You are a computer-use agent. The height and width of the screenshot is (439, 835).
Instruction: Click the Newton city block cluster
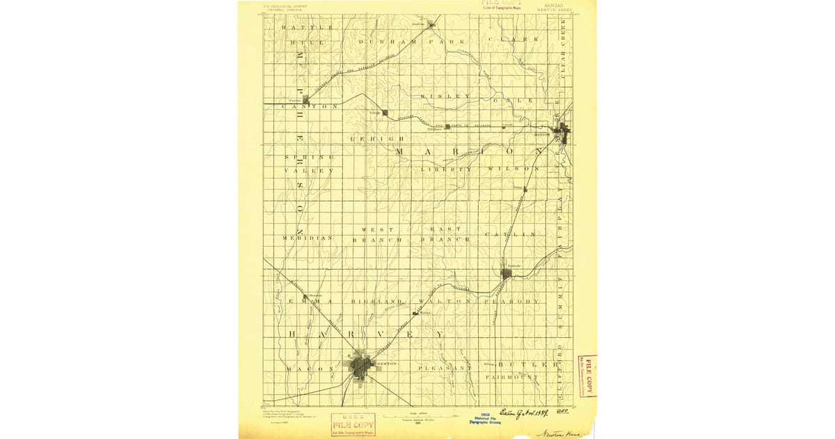(362, 366)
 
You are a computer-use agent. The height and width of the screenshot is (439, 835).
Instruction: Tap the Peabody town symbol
(507, 273)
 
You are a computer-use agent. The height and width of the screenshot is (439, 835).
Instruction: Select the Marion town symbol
(562, 130)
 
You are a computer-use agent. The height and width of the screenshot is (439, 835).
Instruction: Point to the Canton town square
(305, 100)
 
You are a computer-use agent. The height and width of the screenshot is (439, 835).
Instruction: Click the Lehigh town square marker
(384, 113)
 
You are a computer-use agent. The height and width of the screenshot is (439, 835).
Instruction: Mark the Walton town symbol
(415, 314)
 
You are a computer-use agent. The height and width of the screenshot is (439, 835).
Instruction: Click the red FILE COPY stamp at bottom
(353, 423)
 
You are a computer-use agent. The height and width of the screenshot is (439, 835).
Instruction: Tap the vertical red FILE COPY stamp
(587, 376)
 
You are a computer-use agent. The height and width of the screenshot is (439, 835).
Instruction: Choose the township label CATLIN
(515, 234)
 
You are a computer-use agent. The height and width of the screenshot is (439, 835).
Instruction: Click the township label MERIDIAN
(308, 238)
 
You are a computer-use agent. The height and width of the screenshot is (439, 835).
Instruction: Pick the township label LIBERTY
(446, 169)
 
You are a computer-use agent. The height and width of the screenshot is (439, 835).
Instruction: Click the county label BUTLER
(529, 364)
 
